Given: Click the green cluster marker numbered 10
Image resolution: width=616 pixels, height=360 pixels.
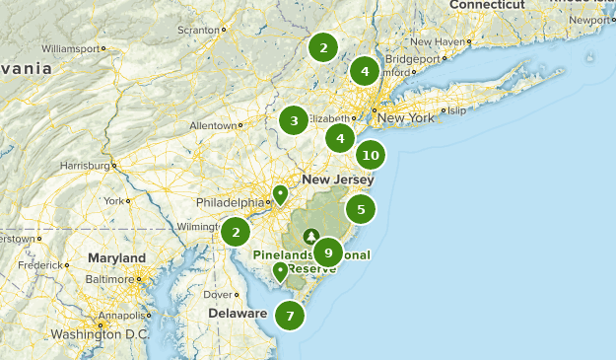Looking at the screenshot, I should point(371,155).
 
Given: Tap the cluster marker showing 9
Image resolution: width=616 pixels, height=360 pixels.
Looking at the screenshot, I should point(328,252).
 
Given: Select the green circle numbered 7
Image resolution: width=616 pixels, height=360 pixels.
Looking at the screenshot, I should point(290,317).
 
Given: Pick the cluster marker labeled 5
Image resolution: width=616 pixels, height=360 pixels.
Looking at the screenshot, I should point(361,209).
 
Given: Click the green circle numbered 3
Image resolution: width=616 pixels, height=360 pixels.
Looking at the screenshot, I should point(293,121).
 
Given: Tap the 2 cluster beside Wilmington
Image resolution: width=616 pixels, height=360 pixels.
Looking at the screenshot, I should point(236,232).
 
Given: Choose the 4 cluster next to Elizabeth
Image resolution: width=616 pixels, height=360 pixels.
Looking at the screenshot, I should point(340,138).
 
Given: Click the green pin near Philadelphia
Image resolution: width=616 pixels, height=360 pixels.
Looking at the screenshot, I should point(280,193).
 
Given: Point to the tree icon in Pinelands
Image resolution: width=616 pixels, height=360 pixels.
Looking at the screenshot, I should point(311,237).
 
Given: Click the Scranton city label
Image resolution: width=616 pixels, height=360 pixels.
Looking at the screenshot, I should point(197,31).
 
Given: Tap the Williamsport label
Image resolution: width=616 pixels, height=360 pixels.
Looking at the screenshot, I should point(72,47).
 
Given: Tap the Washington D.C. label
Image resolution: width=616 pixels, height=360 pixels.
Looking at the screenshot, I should point(101,335).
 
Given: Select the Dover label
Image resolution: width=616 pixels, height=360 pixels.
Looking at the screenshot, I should point(215,294).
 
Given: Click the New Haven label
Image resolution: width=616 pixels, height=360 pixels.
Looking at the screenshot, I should point(436,41).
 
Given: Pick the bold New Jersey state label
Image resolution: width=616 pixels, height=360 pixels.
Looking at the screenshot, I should point(338,180).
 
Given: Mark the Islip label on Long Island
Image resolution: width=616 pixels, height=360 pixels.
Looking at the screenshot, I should point(456,110).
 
